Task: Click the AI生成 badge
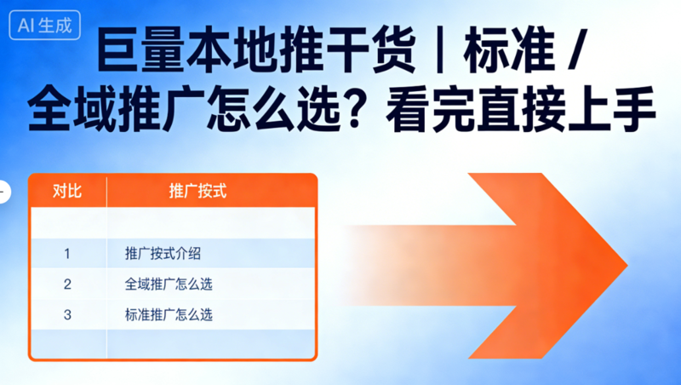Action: pos(47,26)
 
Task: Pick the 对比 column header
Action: pos(67,191)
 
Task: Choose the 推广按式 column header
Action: pos(198,191)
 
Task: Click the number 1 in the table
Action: pos(67,254)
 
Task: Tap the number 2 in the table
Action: pos(67,284)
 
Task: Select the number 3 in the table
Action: pos(67,315)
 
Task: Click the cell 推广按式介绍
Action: pos(163,254)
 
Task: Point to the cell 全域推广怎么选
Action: pos(169,284)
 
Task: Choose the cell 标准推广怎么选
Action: pos(169,315)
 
